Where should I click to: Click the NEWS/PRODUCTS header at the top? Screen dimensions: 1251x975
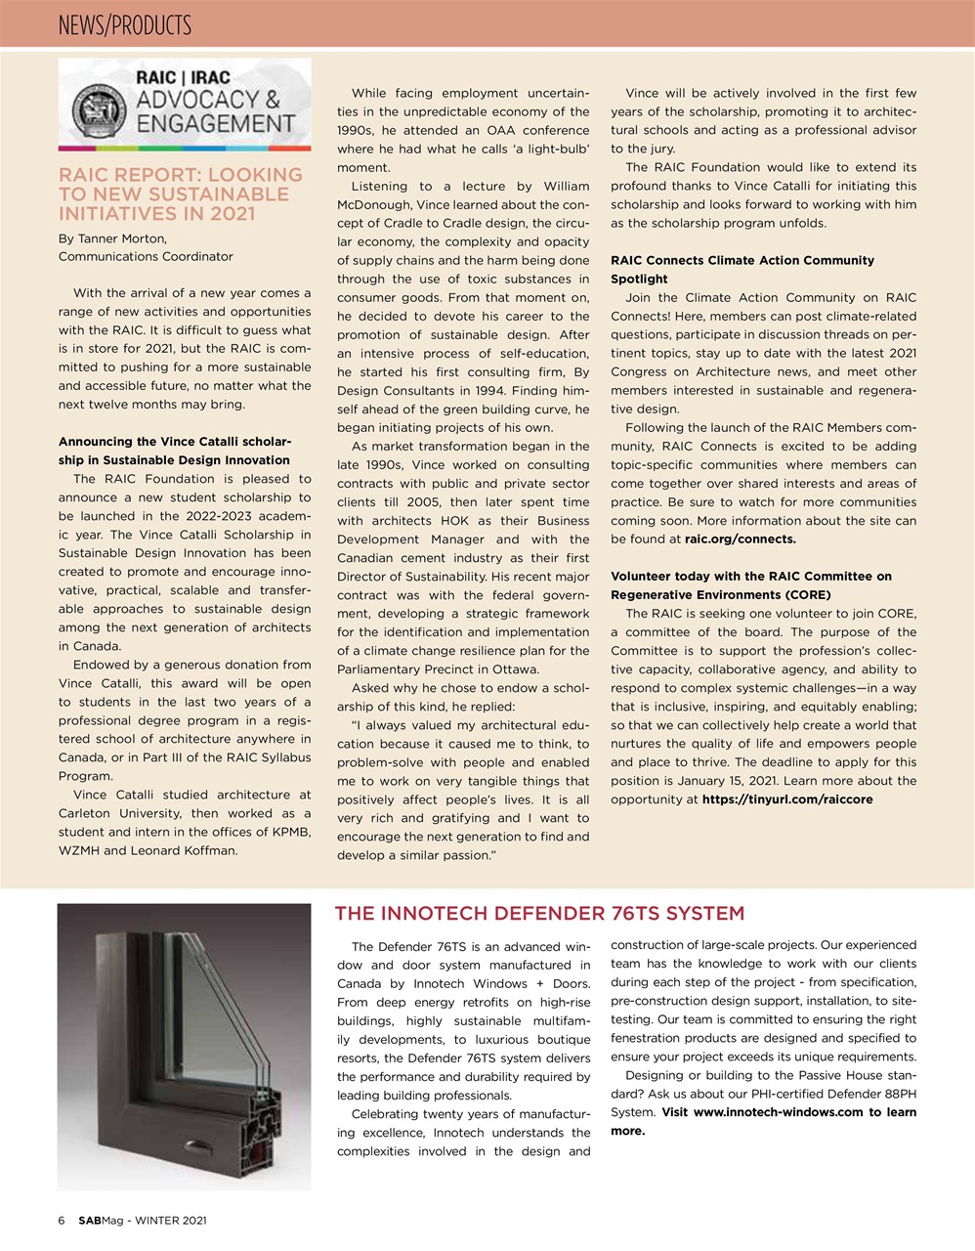pyautogui.click(x=125, y=24)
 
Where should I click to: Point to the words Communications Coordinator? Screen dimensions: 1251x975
pyautogui.click(x=146, y=257)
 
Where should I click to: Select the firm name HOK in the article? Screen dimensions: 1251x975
pyautogui.click(x=454, y=521)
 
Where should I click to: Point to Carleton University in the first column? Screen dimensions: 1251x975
pyautogui.click(x=120, y=814)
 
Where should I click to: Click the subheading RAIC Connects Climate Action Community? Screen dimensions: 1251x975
pyautogui.click(x=742, y=261)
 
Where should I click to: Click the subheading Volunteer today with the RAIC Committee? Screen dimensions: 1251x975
pyautogui.click(x=750, y=577)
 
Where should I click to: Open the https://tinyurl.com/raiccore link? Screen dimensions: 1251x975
pyautogui.click(x=787, y=799)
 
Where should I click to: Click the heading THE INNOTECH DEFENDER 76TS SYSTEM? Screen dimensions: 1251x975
pyautogui.click(x=539, y=914)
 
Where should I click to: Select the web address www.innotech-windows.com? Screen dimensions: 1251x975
pyautogui.click(x=778, y=1112)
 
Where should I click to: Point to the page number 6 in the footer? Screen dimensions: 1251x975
pyautogui.click(x=62, y=1221)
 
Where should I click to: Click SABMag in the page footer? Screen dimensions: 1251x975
pyautogui.click(x=101, y=1221)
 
